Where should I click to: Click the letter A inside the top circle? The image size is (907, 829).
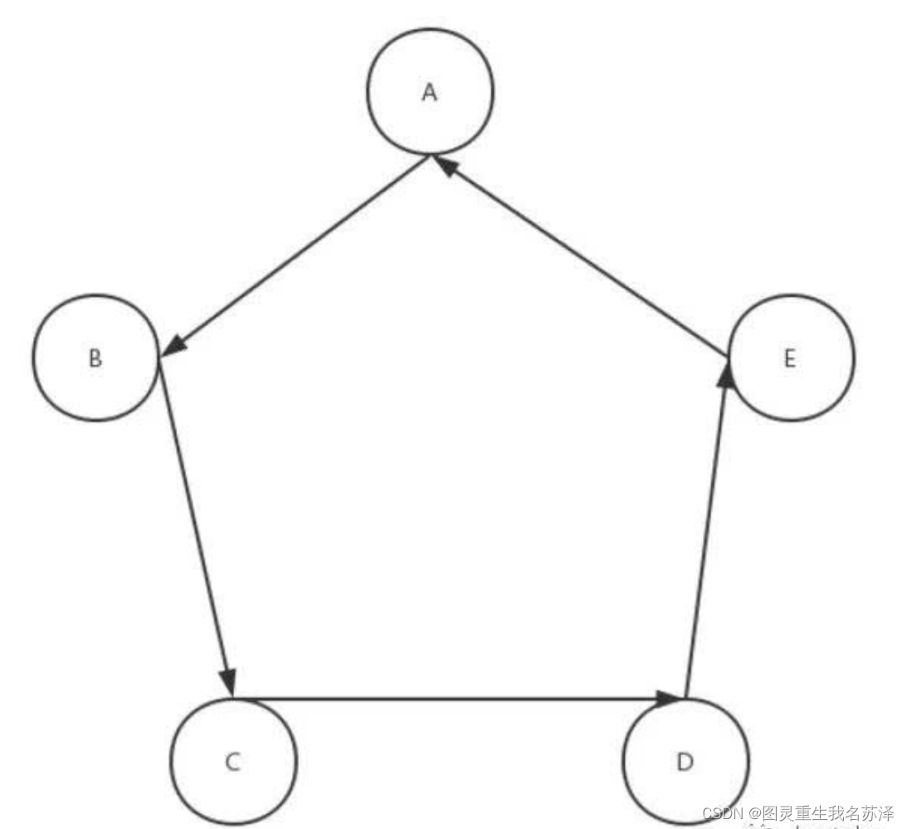[x=429, y=92]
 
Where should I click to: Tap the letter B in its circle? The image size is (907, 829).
[x=95, y=358]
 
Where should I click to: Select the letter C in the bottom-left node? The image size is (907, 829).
[x=233, y=762]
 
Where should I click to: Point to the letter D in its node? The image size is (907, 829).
[x=685, y=762]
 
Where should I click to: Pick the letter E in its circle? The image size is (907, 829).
[x=789, y=358]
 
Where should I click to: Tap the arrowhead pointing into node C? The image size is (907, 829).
[x=228, y=682]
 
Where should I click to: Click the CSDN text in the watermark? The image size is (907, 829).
[x=721, y=812]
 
